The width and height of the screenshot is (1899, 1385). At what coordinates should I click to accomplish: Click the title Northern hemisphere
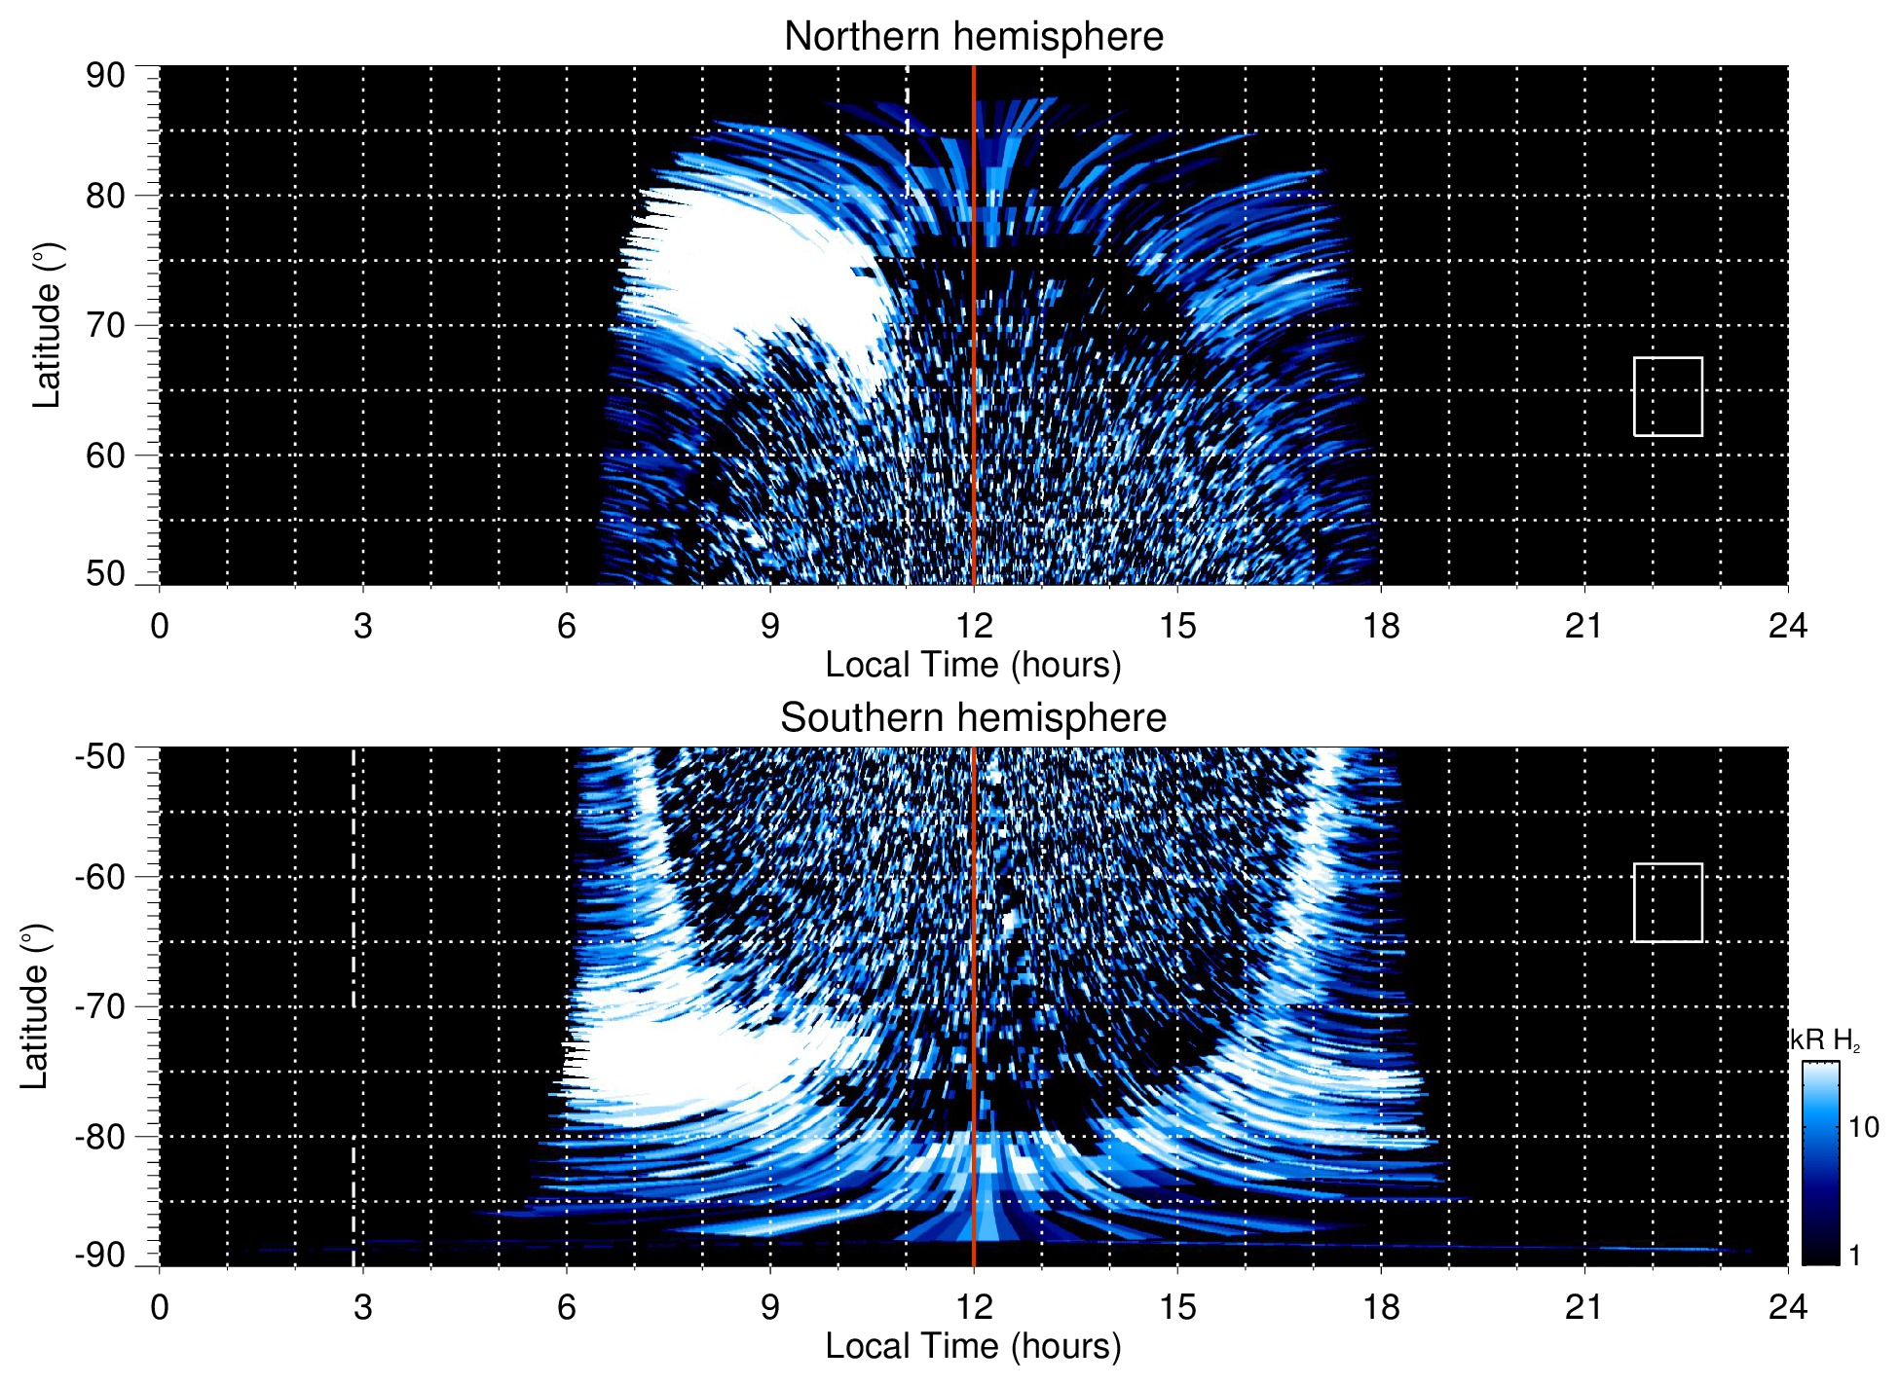click(973, 37)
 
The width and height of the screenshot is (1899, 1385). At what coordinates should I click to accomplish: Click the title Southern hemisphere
click(973, 718)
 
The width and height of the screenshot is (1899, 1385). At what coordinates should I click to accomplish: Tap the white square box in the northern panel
click(1667, 396)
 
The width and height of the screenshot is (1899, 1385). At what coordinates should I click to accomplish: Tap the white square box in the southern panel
click(1667, 902)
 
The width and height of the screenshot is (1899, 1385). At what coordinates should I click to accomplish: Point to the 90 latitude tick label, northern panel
click(105, 76)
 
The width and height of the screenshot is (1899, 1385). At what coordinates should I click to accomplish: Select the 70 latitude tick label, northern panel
click(105, 325)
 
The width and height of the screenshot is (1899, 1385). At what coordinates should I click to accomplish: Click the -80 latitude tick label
click(101, 1136)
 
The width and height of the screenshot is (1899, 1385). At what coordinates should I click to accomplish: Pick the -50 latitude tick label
click(101, 756)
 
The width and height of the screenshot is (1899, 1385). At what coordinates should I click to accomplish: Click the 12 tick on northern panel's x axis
click(973, 626)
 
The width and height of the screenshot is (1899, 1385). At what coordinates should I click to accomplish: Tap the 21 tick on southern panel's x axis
click(1583, 1307)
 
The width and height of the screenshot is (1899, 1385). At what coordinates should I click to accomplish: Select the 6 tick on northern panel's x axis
click(566, 626)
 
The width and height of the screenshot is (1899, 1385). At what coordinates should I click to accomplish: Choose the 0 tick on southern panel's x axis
click(160, 1307)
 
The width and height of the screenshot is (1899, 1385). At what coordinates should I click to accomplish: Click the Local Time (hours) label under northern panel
click(973, 665)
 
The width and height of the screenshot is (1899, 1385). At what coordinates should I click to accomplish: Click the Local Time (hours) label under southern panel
click(973, 1346)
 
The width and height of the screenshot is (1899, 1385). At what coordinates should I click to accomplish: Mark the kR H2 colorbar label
click(1824, 1040)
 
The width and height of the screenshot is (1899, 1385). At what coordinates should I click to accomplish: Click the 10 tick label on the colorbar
click(1863, 1128)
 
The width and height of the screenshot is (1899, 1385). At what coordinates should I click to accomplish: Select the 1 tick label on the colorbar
click(1854, 1256)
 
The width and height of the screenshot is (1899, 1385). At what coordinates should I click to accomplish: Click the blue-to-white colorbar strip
click(1819, 1163)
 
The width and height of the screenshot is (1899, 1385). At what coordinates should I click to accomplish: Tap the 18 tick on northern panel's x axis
click(1380, 626)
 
